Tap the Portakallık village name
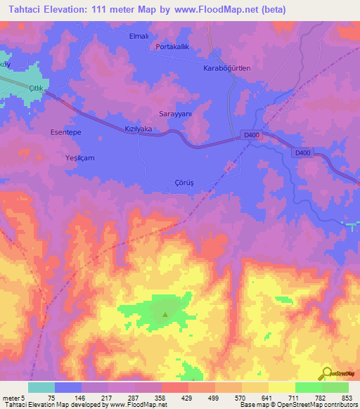pos(172,46)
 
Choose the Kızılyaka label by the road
pos(138,130)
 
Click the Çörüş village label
pos(184,182)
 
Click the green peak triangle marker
pos(165,315)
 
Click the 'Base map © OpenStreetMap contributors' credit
pos(297,405)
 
